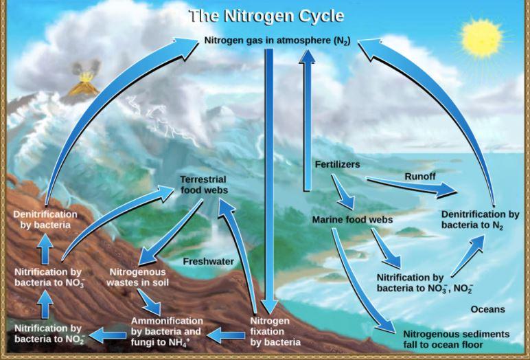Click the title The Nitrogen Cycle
(266, 14)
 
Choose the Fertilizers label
(337, 165)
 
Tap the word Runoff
(420, 177)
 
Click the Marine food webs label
(343, 220)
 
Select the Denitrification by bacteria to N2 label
(481, 220)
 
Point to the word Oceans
(487, 309)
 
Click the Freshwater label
(209, 261)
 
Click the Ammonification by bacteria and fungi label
(167, 331)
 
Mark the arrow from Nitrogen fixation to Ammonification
(226, 335)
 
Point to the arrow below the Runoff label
(412, 186)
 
